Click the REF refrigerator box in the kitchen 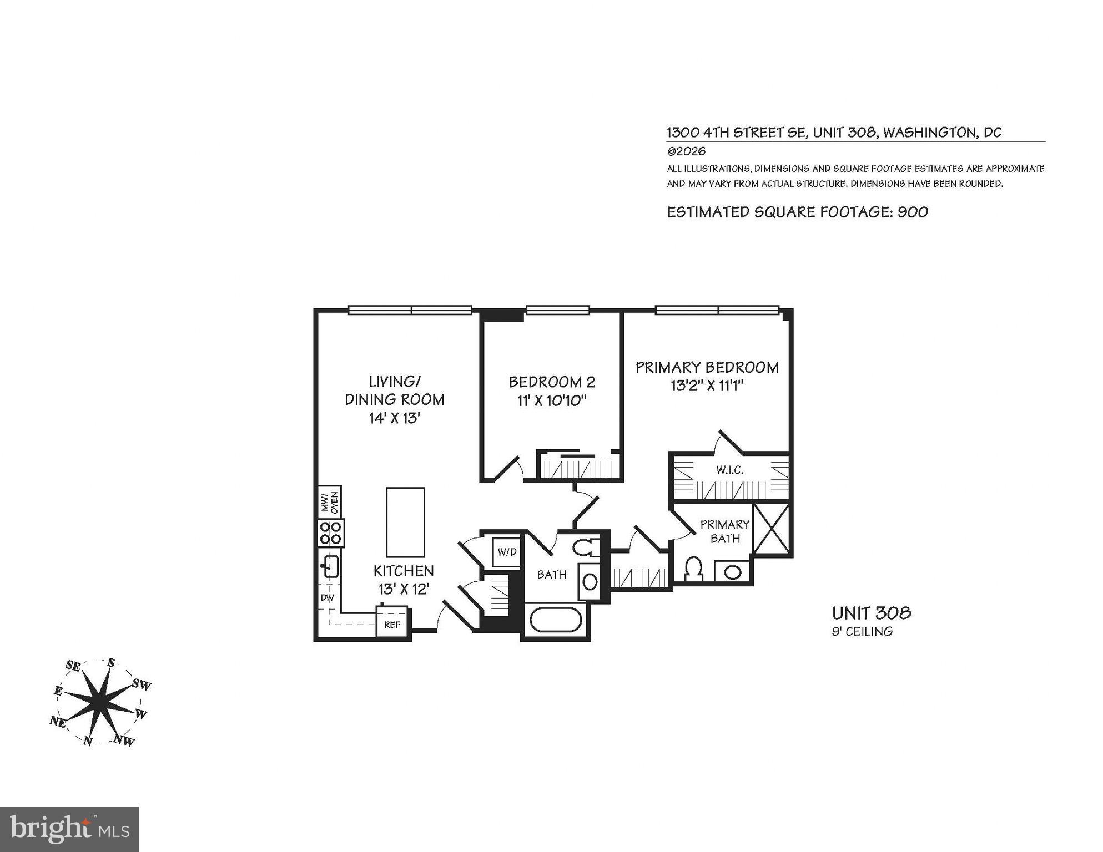pos(392,624)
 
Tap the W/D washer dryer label pos(507,552)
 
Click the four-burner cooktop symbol pos(331,532)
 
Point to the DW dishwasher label pos(328,598)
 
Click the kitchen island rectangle pos(405,522)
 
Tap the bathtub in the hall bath pos(556,620)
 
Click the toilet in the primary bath pos(693,570)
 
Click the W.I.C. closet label pos(729,470)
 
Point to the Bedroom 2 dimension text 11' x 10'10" pos(552,400)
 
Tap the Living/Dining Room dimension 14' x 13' pos(394,418)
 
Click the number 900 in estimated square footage pos(913,212)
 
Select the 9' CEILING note pos(862,631)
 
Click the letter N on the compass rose pos(88,741)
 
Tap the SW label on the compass pos(142,685)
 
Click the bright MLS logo pos(69,829)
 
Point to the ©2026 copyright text pos(686,151)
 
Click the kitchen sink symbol pos(330,566)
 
